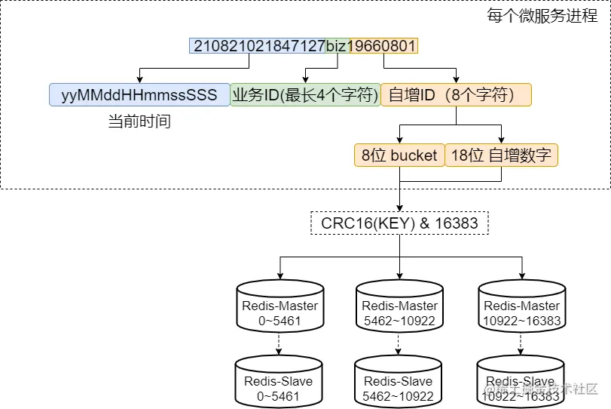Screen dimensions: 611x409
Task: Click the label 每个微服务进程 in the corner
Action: [542, 16]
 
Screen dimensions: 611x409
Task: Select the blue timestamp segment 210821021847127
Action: [258, 46]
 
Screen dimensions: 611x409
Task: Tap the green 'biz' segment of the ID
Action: [338, 46]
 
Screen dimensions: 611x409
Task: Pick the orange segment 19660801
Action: [383, 46]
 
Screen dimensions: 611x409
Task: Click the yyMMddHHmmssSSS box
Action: [139, 94]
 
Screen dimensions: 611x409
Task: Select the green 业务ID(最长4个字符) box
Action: [306, 94]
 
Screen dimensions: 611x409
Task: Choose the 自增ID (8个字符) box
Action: [456, 94]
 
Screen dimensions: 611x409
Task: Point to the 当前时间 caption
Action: [139, 121]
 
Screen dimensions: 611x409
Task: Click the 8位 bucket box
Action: [399, 155]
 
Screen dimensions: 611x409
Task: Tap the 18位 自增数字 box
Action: [501, 155]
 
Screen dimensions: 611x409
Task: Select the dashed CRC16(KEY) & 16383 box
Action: [399, 223]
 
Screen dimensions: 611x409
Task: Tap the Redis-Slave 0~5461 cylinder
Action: [279, 382]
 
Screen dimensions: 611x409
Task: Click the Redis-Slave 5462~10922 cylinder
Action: [398, 382]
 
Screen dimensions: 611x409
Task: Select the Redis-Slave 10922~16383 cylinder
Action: [521, 382]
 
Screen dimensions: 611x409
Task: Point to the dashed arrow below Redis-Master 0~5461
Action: [279, 344]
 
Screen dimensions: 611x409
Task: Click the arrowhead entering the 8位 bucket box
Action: [399, 140]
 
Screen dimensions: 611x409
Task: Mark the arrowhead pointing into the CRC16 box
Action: [399, 208]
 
